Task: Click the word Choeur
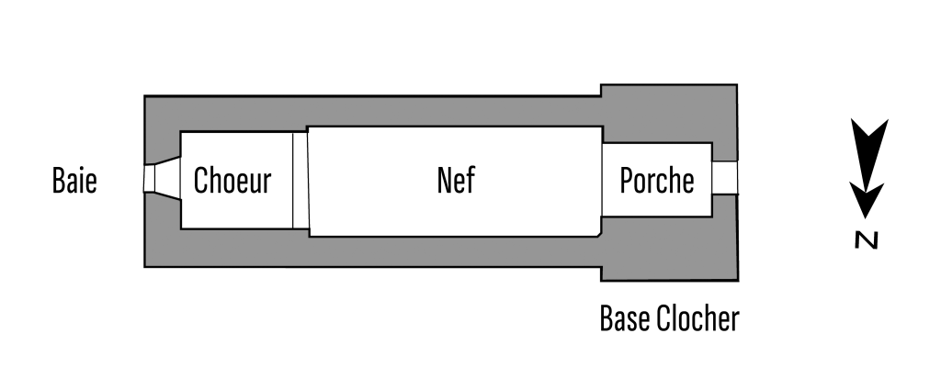pos(232,181)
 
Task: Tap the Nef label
pos(456,181)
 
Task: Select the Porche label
pos(656,181)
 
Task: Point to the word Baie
pos(74,181)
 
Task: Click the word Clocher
pos(697,319)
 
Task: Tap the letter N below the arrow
pos(864,240)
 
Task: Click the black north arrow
pos(866,165)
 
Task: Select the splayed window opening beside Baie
pos(161,180)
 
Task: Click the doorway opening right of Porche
pos(725,179)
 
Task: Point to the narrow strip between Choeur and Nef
pos(299,180)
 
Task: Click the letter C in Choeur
pos(202,181)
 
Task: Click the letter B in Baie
pos(59,181)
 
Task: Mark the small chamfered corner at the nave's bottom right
pos(598,234)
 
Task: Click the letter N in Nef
pos(443,181)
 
